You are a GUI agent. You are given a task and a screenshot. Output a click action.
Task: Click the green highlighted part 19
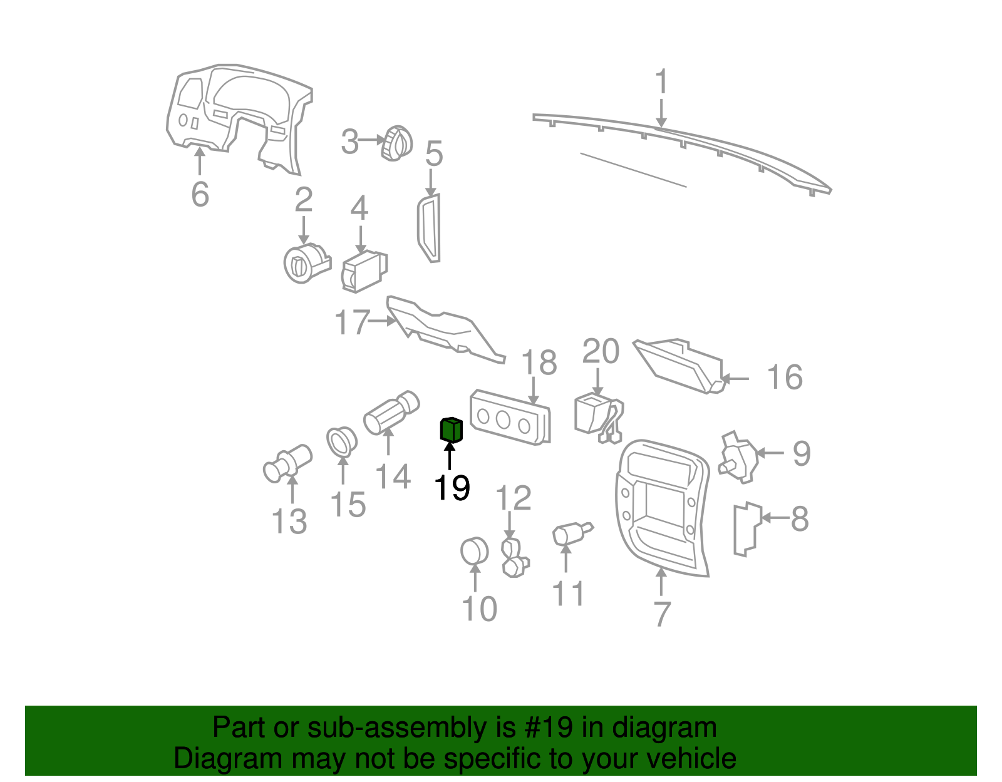pos(450,430)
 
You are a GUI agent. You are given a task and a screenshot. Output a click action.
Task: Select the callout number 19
pos(452,488)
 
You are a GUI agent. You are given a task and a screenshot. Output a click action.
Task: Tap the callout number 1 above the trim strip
pos(661,83)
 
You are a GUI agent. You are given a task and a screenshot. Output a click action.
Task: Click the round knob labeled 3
pos(397,143)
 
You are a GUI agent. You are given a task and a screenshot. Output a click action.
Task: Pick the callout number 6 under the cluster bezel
pos(200,193)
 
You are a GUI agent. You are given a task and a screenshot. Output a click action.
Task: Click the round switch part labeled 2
pos(304,264)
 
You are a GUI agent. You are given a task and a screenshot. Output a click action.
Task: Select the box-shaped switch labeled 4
pos(364,271)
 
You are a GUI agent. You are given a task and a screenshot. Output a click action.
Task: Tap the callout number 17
pos(351,322)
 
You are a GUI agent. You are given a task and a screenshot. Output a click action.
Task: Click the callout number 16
pos(785,378)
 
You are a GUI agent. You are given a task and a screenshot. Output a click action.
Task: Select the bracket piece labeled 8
pos(746,528)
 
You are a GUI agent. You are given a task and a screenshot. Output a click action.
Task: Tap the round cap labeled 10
pos(474,552)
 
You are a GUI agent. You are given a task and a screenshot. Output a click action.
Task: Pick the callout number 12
pos(513,498)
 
